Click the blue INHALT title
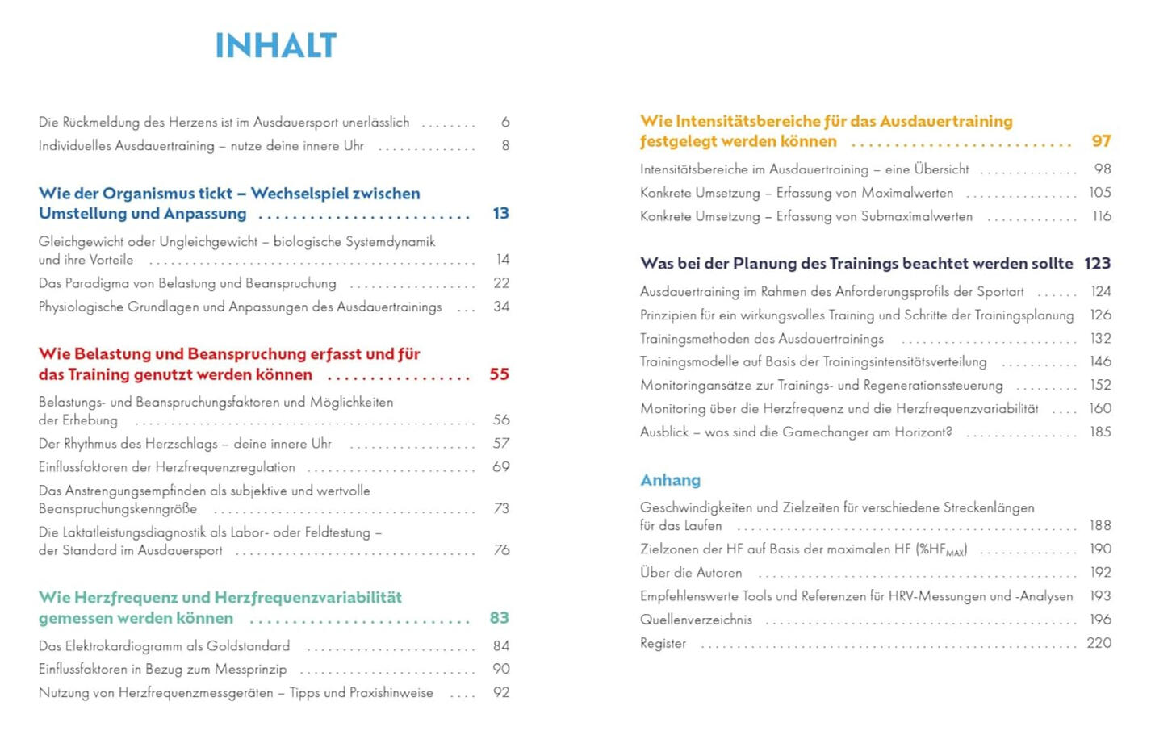[275, 46]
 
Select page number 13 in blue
[500, 214]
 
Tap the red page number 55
[499, 374]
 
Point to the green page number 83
[499, 618]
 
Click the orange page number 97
[1101, 141]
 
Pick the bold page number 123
[1097, 264]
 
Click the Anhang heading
[670, 480]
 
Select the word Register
[663, 644]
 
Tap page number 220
[1099, 643]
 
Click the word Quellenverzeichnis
[696, 620]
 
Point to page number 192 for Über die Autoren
[1100, 573]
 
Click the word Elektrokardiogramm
[127, 646]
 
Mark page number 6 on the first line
[505, 123]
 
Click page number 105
[1099, 193]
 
